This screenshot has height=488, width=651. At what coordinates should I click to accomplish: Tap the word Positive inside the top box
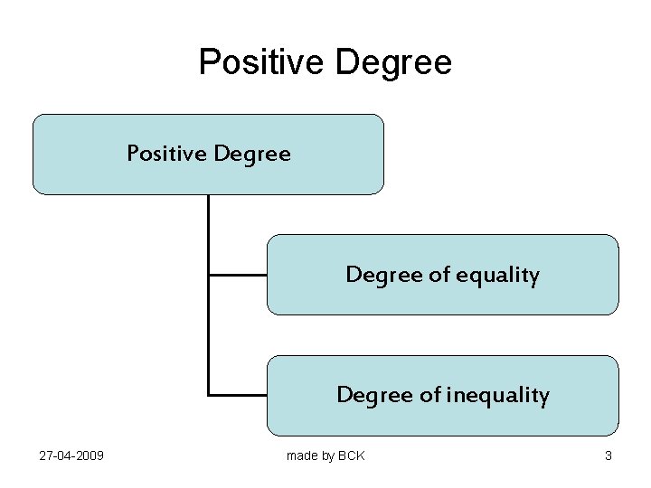pos(167,154)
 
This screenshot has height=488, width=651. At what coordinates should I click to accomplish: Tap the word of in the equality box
pos(440,275)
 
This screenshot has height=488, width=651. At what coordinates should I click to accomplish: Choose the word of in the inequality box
pos(431,395)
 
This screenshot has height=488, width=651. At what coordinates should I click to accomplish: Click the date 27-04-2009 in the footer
pos(71,455)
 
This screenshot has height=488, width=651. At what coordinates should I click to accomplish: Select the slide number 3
pos(609,455)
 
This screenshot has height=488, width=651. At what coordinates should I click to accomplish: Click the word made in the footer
pos(302,455)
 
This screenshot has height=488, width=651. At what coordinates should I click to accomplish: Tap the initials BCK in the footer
pos(351,455)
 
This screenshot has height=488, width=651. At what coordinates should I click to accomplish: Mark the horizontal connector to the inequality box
pos(237,395)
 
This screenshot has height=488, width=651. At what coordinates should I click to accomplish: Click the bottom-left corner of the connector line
pos(209,395)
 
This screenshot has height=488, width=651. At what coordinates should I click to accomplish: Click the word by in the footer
pos(328,455)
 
